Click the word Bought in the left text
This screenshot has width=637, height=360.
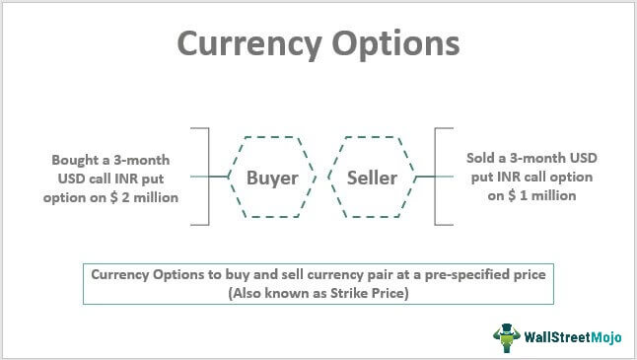tap(80, 159)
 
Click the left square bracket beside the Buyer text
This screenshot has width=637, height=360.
tap(205, 178)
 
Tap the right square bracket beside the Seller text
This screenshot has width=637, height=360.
tap(439, 178)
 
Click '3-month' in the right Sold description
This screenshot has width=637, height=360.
tap(544, 159)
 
